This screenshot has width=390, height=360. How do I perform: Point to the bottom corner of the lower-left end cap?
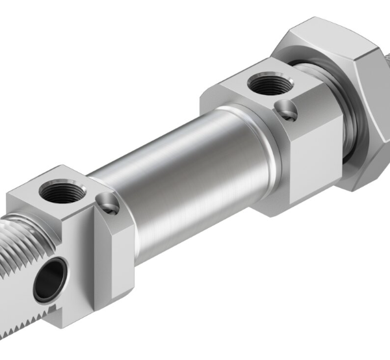pos(94,309)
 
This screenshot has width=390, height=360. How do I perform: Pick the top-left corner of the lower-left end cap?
pos(13,195)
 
